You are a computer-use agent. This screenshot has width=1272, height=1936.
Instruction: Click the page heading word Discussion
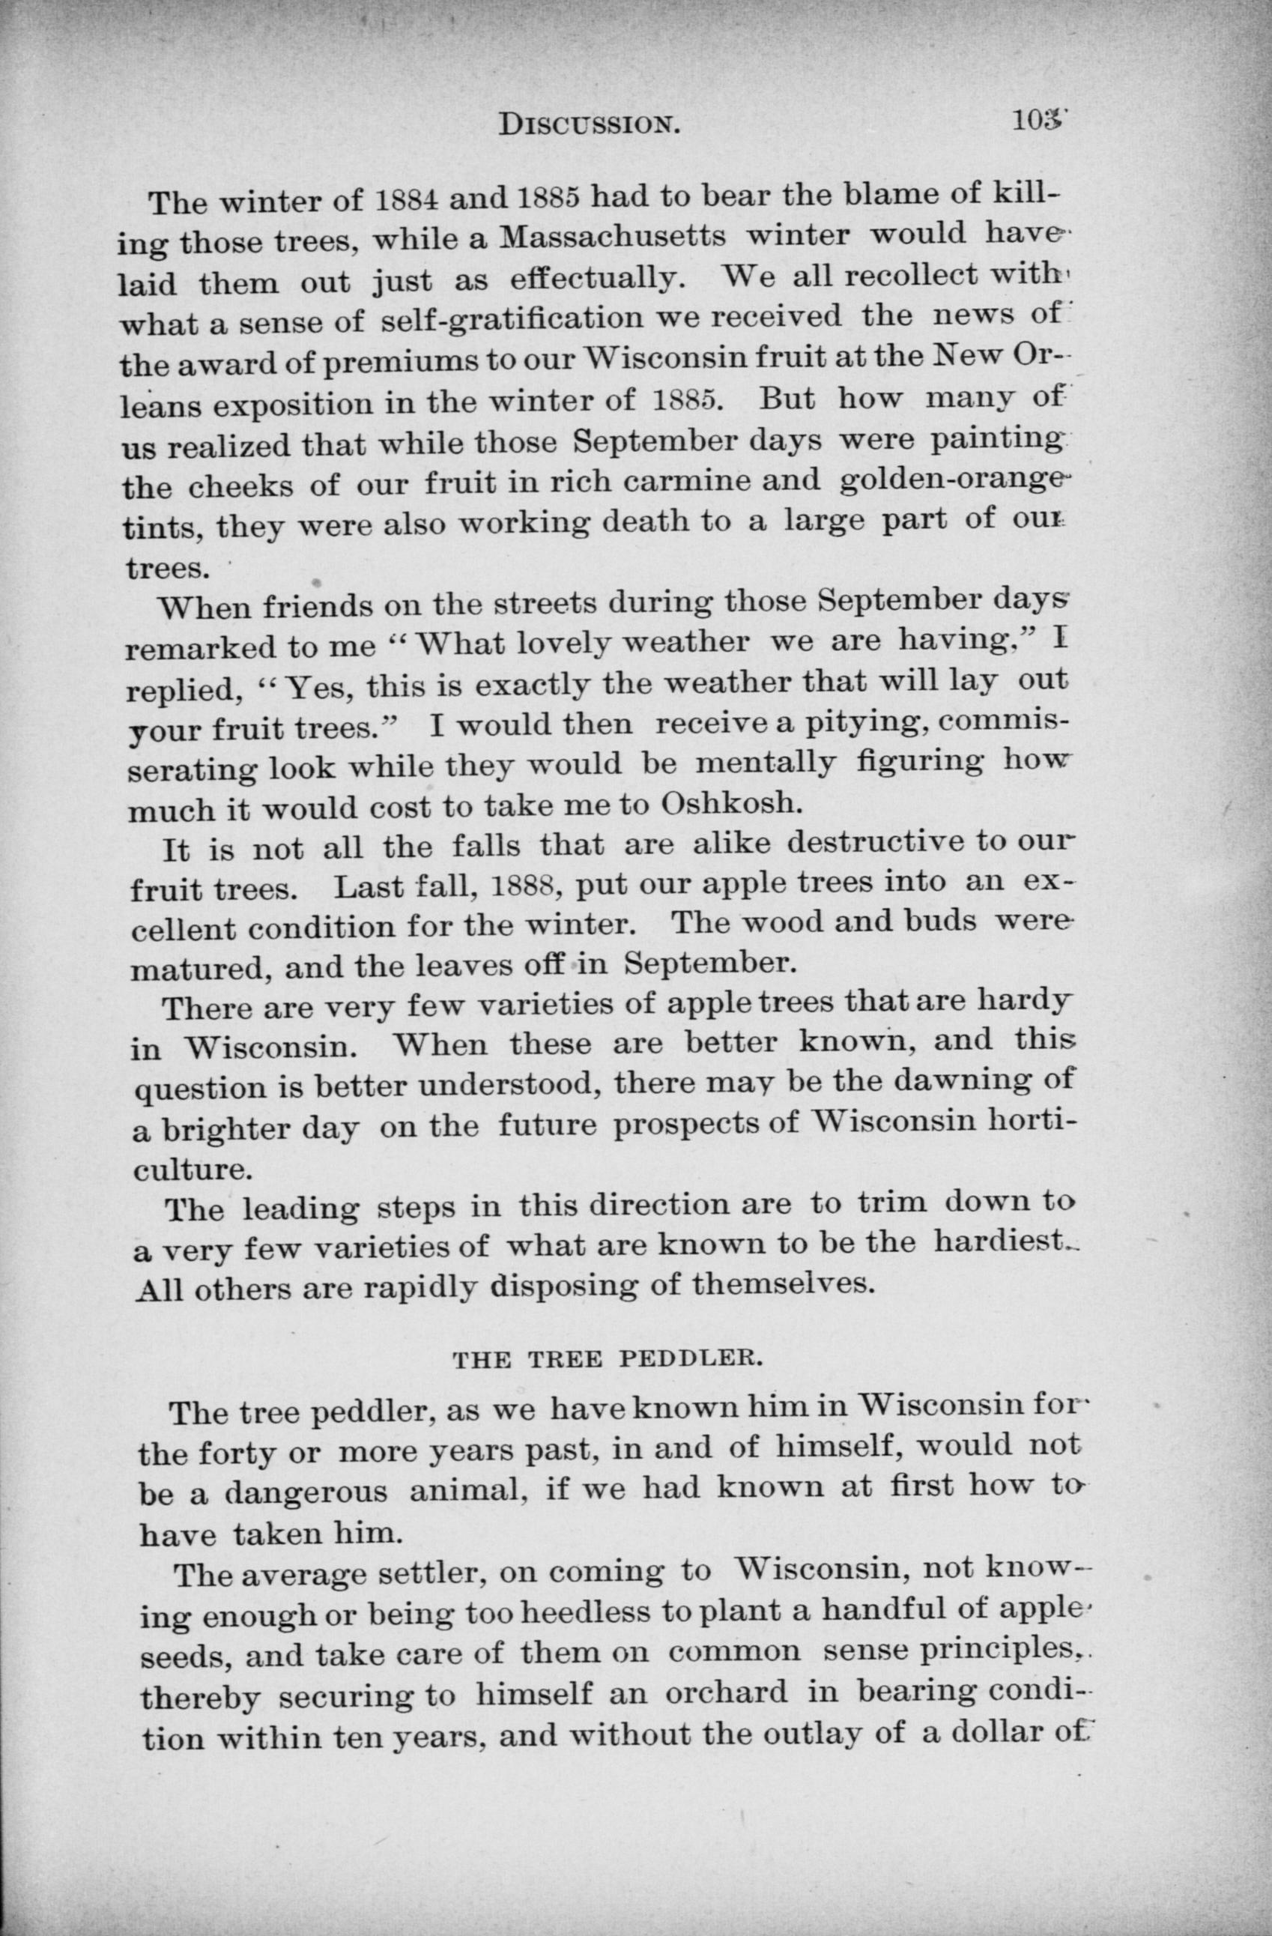[589, 124]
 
